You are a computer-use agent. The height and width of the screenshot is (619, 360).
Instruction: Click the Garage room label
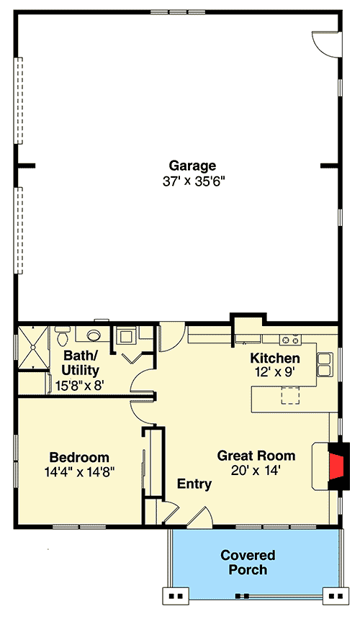(192, 166)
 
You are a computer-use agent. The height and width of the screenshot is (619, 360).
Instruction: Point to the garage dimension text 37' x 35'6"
(192, 182)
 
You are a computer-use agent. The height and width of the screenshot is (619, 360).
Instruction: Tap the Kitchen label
(275, 358)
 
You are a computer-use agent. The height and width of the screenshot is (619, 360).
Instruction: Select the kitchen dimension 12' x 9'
(275, 372)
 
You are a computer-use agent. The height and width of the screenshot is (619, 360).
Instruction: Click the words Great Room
(256, 455)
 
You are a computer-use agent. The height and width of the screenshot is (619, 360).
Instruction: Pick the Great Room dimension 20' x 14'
(256, 470)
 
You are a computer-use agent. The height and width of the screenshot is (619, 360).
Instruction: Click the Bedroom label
(79, 457)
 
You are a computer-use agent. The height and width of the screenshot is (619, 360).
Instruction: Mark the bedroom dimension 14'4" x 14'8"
(79, 472)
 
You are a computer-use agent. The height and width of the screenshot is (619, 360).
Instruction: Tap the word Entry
(194, 484)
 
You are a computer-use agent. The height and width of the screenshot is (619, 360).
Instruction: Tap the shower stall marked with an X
(32, 348)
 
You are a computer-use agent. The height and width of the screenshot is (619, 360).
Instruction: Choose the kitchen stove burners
(290, 340)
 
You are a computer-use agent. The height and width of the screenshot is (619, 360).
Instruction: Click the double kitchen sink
(325, 364)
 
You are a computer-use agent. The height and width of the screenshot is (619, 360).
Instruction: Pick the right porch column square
(334, 595)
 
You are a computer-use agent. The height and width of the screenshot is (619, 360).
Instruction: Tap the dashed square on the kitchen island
(289, 397)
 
